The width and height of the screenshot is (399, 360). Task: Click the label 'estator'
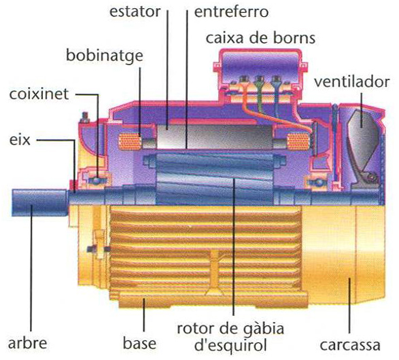[135, 12]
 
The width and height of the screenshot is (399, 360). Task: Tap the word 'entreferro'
[231, 12]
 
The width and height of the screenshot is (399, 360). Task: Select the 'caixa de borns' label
[260, 38]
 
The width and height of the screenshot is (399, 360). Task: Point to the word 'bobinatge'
[104, 56]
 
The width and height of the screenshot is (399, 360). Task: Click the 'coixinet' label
[39, 94]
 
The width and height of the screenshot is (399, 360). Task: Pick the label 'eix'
[20, 139]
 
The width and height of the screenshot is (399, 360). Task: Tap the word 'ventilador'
[351, 82]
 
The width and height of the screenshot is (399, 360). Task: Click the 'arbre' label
[27, 343]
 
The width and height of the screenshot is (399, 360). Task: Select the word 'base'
[139, 343]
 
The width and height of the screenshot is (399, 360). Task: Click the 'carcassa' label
[350, 345]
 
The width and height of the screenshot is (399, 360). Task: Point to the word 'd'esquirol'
[230, 345]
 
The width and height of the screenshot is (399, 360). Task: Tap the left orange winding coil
[130, 141]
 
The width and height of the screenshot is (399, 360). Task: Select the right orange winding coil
[298, 141]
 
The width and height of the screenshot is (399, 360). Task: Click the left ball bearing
[97, 180]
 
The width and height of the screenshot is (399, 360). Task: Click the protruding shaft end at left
[39, 202]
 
